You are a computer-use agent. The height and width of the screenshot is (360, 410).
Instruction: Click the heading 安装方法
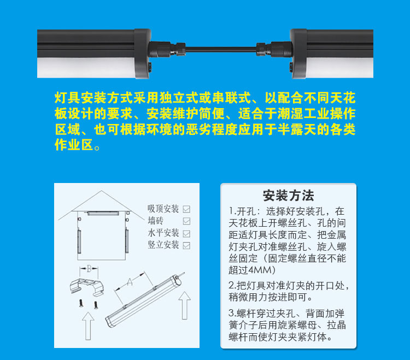click(288, 196)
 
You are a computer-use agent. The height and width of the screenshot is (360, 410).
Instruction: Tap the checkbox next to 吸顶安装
click(186, 209)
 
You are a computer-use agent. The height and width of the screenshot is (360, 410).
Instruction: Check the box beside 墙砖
click(186, 221)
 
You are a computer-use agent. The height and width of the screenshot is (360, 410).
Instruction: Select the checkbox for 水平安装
click(186, 233)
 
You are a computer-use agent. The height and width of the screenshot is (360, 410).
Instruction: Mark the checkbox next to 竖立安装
click(186, 245)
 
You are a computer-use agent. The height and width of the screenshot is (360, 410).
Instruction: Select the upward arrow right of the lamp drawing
click(184, 306)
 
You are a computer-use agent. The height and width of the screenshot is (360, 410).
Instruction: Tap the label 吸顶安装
click(163, 209)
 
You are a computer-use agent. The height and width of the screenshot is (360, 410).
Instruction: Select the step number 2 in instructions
click(232, 286)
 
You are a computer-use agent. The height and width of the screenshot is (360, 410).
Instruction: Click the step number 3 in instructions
click(232, 313)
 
